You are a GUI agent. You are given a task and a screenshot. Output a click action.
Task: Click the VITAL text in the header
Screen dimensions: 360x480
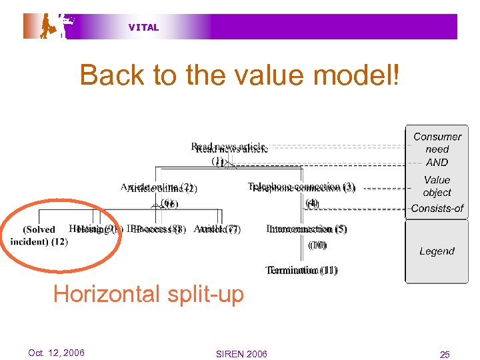(x=144, y=27)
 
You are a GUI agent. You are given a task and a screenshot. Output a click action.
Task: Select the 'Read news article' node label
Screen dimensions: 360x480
(x=229, y=148)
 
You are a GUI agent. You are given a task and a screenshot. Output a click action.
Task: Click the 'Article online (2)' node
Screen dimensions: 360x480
(x=159, y=189)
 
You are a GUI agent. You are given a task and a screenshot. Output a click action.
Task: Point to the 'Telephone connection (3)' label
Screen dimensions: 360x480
(x=302, y=188)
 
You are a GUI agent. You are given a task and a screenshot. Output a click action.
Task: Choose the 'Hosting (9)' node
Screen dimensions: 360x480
(x=94, y=230)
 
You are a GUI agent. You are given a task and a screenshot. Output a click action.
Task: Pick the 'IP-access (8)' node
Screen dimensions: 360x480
(x=155, y=230)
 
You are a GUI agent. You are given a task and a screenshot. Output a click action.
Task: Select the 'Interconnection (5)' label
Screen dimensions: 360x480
(x=307, y=229)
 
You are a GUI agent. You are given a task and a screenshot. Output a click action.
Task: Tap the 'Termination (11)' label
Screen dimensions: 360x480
(x=302, y=271)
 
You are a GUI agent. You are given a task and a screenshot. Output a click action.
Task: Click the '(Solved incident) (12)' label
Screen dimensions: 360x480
(x=39, y=235)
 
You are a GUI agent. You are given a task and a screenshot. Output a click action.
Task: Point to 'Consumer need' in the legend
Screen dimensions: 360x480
(x=437, y=143)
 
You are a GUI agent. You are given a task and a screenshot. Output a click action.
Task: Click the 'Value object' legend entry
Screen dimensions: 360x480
(x=437, y=186)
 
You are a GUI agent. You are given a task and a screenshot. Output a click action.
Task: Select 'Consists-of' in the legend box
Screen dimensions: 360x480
(x=437, y=208)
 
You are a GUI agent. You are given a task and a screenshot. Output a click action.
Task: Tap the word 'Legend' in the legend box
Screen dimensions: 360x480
(x=437, y=251)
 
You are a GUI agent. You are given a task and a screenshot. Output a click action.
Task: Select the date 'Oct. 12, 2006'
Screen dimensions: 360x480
(x=57, y=353)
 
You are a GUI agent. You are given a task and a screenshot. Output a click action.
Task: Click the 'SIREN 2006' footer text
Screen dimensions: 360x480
(x=241, y=354)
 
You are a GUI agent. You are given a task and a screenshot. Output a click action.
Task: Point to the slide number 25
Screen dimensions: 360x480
(x=445, y=355)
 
